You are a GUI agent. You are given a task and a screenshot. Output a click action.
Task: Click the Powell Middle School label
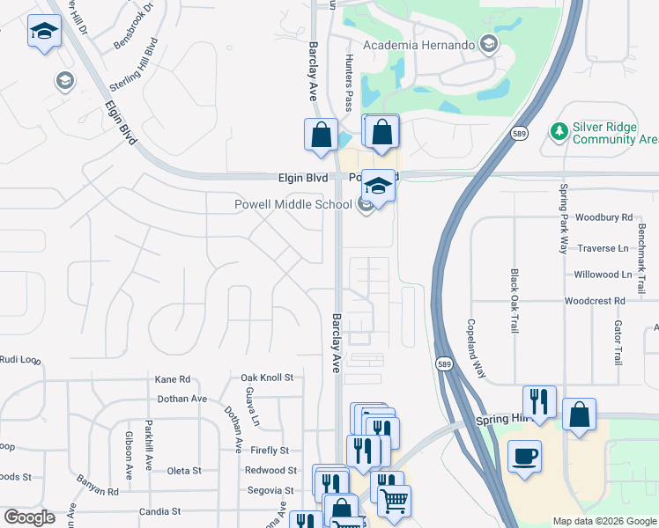pyautogui.click(x=292, y=205)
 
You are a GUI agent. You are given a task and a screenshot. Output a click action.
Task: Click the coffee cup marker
pyautogui.click(x=525, y=456)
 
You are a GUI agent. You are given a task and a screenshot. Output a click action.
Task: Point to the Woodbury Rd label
pyautogui.click(x=603, y=216)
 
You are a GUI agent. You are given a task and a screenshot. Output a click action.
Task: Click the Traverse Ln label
pyautogui.click(x=603, y=248)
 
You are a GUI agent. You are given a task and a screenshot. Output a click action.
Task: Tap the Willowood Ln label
pyautogui.click(x=603, y=275)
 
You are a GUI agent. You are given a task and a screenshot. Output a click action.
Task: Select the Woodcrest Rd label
pyautogui.click(x=595, y=301)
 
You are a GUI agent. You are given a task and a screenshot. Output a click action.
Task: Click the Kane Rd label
pyautogui.click(x=173, y=379)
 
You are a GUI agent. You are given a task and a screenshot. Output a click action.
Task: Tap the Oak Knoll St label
pyautogui.click(x=267, y=378)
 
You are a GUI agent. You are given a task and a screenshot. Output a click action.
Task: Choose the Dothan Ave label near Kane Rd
pyautogui.click(x=181, y=399)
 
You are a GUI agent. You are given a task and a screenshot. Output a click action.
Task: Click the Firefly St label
pyautogui.click(x=269, y=451)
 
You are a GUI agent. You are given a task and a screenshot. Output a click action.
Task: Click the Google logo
pyautogui.click(x=30, y=517)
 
